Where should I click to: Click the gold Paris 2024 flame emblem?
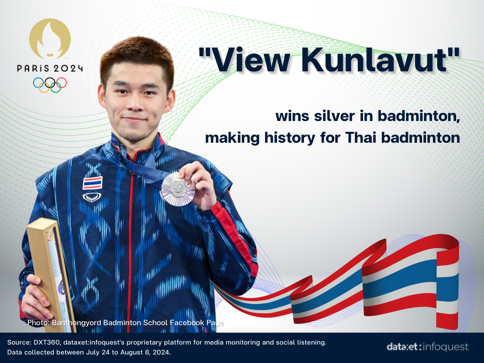tap(50, 38)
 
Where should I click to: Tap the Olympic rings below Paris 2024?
tap(50, 85)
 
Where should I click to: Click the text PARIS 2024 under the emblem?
tap(50, 68)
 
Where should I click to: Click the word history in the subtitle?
tap(290, 138)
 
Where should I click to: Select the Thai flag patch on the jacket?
tap(92, 183)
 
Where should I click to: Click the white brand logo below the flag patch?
tap(92, 197)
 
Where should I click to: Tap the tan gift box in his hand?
tap(51, 273)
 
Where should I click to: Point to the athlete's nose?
tap(135, 104)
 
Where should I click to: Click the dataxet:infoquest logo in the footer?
tap(427, 347)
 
